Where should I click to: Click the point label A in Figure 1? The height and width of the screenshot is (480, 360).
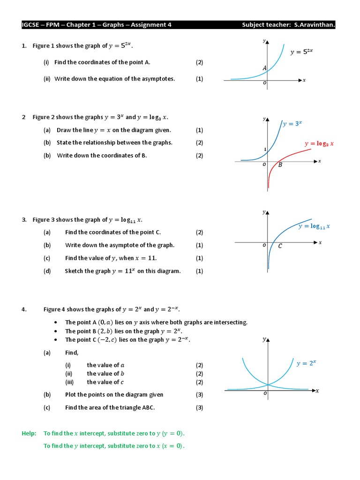click(264, 68)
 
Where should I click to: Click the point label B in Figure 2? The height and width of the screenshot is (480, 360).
click(280, 165)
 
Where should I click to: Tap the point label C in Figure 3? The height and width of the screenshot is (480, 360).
click(280, 246)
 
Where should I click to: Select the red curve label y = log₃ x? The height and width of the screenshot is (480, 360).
click(319, 144)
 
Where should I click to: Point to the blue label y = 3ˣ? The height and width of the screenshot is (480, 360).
click(292, 124)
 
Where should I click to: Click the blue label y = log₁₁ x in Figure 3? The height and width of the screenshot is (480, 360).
click(314, 226)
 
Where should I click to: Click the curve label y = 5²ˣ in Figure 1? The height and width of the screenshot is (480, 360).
click(301, 52)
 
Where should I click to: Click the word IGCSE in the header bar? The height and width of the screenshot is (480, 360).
click(31, 25)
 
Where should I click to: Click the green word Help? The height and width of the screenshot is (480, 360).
click(29, 434)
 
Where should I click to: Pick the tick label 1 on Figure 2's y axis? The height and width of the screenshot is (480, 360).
click(265, 150)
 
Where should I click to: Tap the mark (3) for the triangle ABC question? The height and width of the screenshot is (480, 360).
click(200, 407)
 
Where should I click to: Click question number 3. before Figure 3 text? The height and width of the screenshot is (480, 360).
click(24, 219)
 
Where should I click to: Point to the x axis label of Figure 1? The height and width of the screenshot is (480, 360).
click(304, 80)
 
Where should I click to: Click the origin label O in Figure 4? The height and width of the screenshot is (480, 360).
click(265, 394)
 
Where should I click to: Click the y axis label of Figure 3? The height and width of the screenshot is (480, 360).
click(264, 212)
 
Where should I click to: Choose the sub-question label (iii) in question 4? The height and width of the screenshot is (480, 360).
click(70, 382)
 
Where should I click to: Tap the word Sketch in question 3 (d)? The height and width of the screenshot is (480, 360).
click(74, 271)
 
